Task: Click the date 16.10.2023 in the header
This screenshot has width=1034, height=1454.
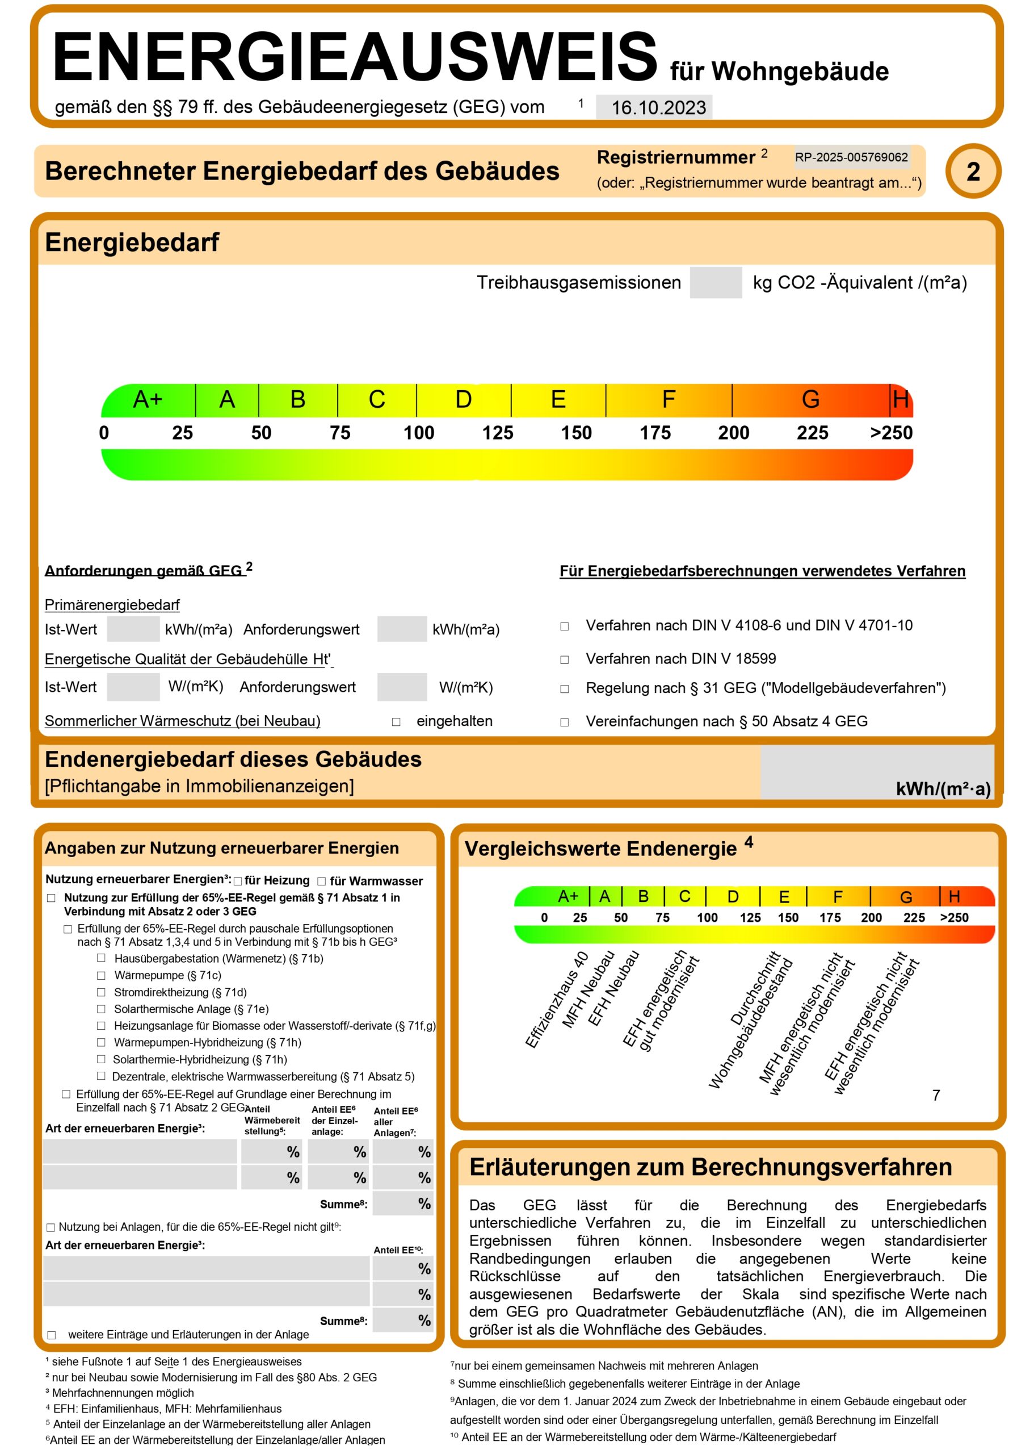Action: [x=658, y=107]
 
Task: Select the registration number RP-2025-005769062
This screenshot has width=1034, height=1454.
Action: [x=851, y=157]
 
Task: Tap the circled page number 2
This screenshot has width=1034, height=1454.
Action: [x=972, y=172]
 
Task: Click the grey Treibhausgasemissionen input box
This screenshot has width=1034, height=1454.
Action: [x=715, y=282]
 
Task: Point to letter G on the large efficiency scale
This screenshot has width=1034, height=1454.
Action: [x=810, y=399]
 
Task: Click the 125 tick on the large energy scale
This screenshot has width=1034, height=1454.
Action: [x=497, y=433]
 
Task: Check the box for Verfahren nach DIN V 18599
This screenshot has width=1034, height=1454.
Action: [x=564, y=659]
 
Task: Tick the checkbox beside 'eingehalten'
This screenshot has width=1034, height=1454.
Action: [x=396, y=722]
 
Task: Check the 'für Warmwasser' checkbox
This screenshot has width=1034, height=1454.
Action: [x=322, y=881]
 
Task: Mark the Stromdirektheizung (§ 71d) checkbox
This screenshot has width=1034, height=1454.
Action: [x=101, y=992]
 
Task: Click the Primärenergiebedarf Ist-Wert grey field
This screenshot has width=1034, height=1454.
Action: [x=133, y=629]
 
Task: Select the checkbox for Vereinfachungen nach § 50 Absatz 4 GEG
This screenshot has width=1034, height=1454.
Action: [x=564, y=722]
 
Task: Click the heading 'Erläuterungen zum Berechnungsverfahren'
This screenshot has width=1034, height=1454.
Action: [x=710, y=1167]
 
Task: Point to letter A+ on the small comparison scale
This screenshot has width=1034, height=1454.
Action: [x=568, y=896]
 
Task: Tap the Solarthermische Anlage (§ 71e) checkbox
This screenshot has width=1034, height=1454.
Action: [x=101, y=1009]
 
